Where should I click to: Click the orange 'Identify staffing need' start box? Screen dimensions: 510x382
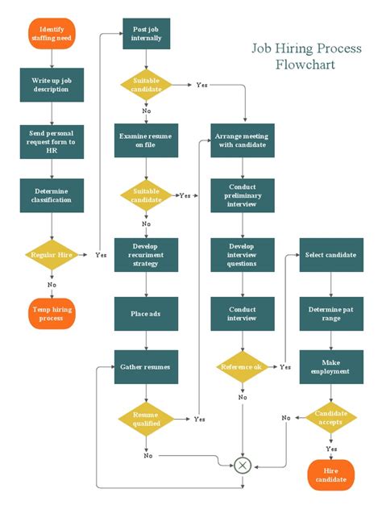(x=52, y=33)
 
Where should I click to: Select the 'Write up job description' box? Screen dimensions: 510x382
(x=52, y=85)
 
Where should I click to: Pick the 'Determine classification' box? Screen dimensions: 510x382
(x=52, y=194)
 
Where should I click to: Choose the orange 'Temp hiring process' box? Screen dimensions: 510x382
(x=52, y=313)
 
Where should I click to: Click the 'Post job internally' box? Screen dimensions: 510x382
(x=146, y=34)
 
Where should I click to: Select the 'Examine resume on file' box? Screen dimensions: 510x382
(x=146, y=140)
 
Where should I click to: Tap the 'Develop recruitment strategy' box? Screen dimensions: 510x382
(x=146, y=254)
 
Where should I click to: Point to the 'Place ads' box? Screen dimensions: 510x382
(x=146, y=313)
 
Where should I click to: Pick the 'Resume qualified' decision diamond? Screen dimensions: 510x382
(x=146, y=418)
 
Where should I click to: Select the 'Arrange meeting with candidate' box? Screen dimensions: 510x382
(x=243, y=140)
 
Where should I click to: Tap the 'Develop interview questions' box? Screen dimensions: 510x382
(x=243, y=254)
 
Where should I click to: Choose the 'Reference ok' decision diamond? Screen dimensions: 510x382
(x=243, y=367)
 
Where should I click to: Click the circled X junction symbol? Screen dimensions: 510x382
(x=243, y=466)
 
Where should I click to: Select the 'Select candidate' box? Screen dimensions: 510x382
(x=330, y=254)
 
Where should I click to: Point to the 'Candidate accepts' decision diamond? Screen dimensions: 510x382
(x=330, y=417)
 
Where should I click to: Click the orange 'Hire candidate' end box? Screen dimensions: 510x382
(x=330, y=474)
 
